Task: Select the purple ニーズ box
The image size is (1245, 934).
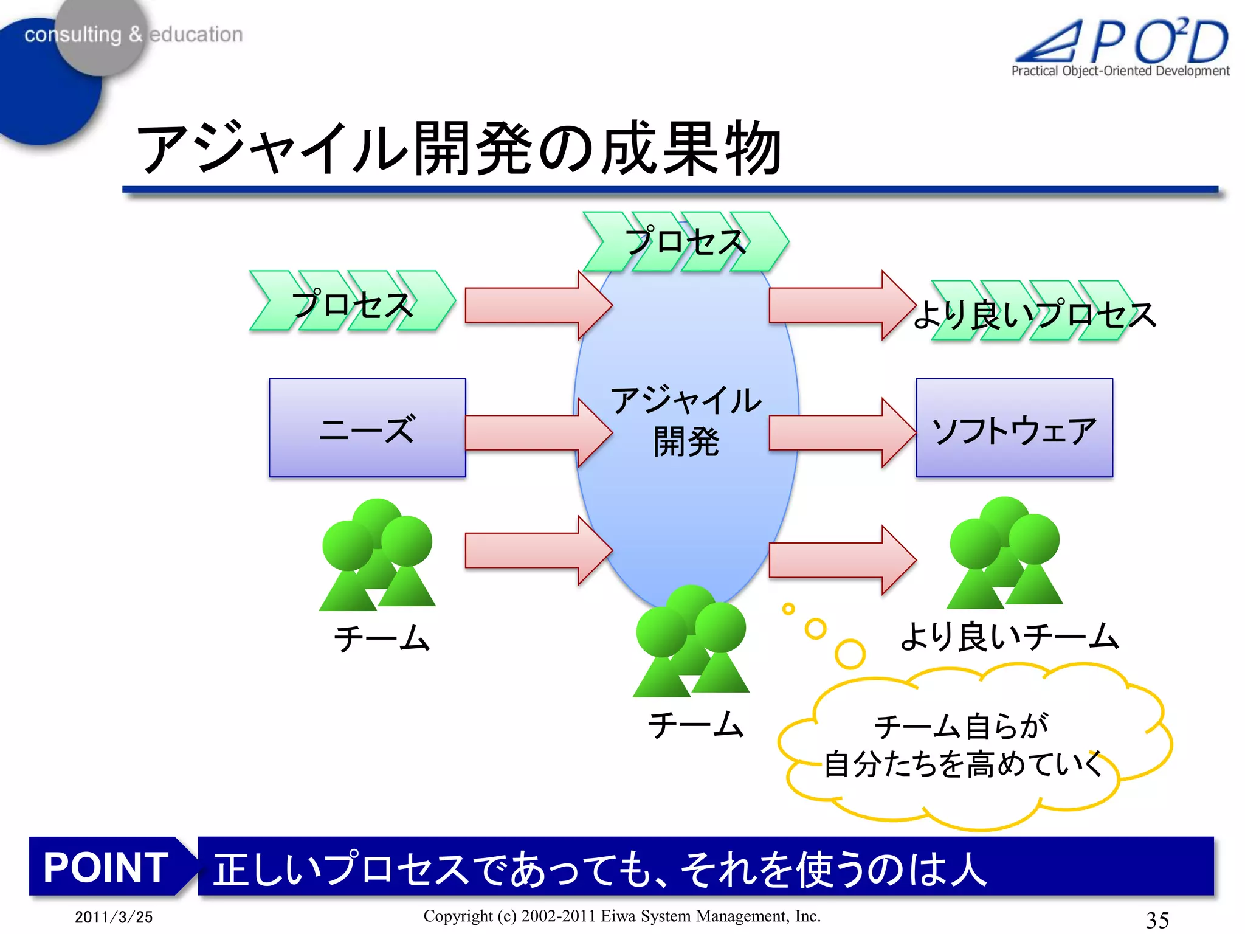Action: tap(367, 427)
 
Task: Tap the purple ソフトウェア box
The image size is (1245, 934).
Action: tap(1014, 427)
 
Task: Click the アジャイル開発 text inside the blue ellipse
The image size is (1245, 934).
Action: tap(686, 420)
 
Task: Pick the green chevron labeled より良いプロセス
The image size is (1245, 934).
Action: tap(1033, 313)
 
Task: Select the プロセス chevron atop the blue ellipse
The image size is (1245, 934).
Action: tap(685, 241)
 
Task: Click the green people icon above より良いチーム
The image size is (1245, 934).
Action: tap(1004, 553)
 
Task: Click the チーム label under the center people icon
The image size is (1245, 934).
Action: tap(695, 724)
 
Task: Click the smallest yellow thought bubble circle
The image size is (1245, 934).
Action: tap(788, 608)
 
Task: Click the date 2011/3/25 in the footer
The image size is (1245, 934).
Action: tap(114, 916)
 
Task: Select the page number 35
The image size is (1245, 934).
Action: tap(1157, 919)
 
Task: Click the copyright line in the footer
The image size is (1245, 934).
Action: tap(622, 916)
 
